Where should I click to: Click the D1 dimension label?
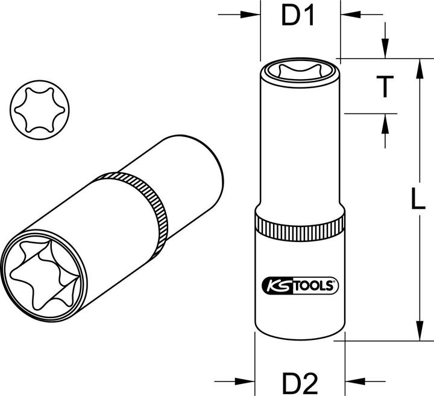pyautogui.click(x=300, y=18)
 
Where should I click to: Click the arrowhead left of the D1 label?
pyautogui.click(x=254, y=13)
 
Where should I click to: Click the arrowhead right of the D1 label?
pyautogui.click(x=347, y=13)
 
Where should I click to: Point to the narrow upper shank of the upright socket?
pyautogui.click(x=300, y=145)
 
